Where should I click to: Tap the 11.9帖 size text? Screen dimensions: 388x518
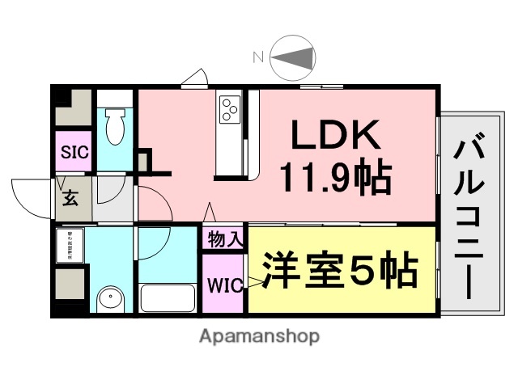pos(335,176)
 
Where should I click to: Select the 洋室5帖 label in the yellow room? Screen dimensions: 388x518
pos(339,272)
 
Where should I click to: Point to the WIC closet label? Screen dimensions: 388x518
pos(223,285)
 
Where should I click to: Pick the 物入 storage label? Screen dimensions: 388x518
pos(224,240)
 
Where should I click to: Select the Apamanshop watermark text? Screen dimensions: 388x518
pos(259,335)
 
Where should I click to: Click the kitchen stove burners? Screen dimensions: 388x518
pos(229,108)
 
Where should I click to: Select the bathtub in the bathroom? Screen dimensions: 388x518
pos(168,297)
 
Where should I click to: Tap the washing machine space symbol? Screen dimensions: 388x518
pos(70,244)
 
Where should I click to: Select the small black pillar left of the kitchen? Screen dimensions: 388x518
pos(143,160)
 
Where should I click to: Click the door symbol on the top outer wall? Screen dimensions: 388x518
pos(195,78)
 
